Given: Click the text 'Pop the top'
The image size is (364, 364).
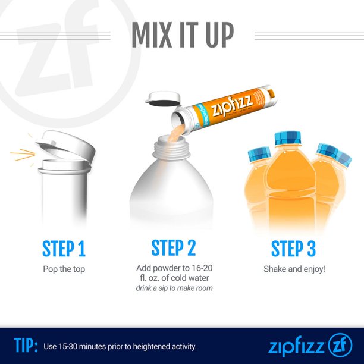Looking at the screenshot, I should pos(64,269).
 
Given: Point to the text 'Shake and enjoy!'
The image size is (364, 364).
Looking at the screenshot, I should pos(294,269).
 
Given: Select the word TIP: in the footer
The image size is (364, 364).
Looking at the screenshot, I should pos(26,345).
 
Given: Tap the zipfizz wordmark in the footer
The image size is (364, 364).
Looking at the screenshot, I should pos(295,346).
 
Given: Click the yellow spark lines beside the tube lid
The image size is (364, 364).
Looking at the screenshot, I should pos(22,156).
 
